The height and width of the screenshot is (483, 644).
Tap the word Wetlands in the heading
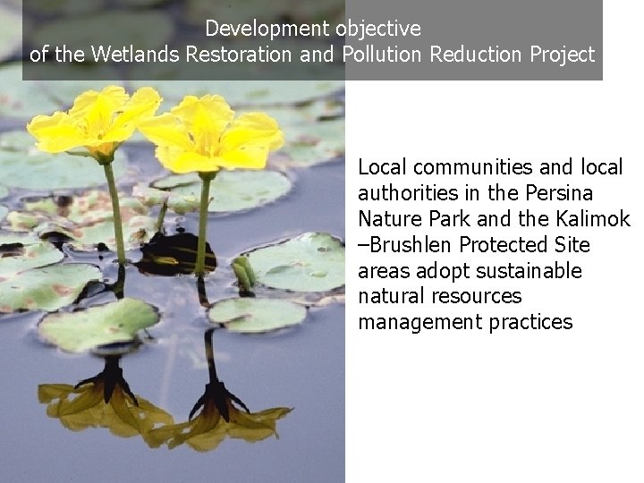point(131,55)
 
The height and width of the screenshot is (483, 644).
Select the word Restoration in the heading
point(239,55)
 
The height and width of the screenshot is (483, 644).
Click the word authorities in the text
point(400,193)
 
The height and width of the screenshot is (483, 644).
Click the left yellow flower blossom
point(95,121)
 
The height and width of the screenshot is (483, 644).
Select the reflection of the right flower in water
point(218,411)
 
